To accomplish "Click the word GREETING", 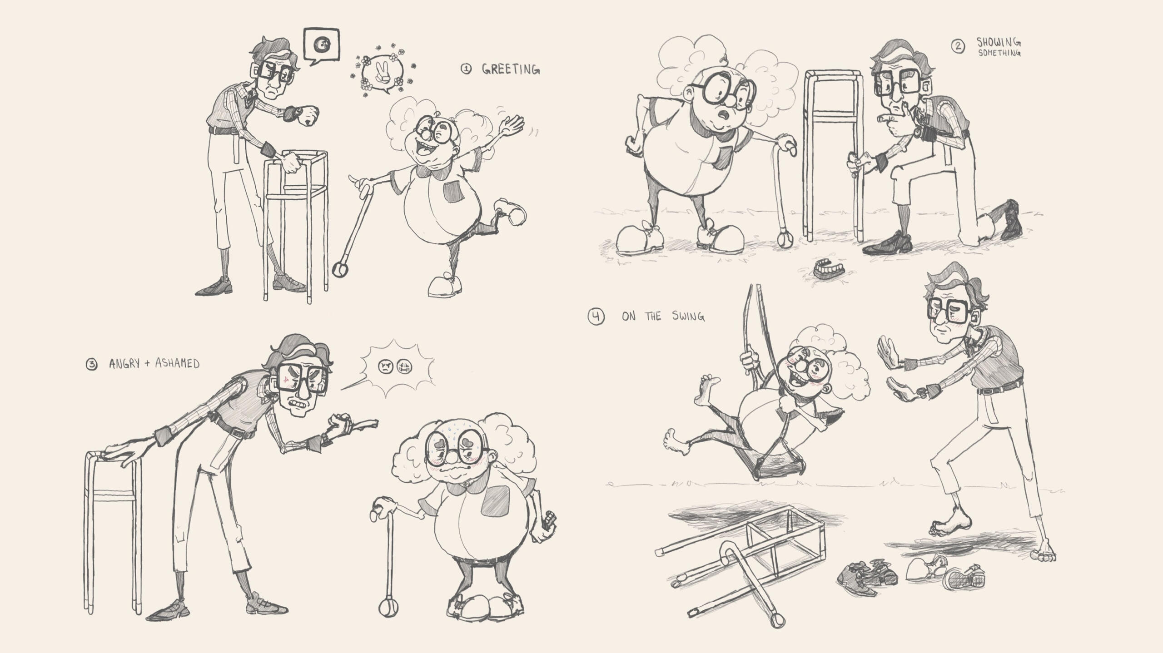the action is tap(511, 69).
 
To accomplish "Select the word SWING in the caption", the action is tap(688, 316).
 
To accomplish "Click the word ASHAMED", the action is tap(177, 364).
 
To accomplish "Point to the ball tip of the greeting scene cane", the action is tap(340, 271).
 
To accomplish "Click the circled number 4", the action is tap(596, 317).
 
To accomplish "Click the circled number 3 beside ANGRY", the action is tap(92, 365).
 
